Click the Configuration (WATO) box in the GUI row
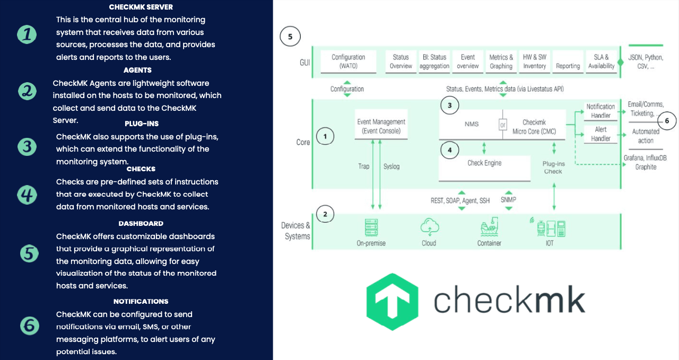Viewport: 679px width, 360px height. coord(348,62)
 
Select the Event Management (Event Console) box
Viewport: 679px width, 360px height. coord(381,126)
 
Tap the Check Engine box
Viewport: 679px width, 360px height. coord(484,163)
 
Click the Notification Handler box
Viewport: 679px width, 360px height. coord(600,111)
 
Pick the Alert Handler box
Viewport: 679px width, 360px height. coord(600,134)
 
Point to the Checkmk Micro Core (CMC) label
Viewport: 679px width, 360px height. coord(534,127)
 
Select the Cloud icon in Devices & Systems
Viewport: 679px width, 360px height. coord(429,227)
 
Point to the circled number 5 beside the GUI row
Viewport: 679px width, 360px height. coord(290,37)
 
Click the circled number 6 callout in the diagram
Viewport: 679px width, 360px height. coord(667,121)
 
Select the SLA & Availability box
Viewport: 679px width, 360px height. coord(601,62)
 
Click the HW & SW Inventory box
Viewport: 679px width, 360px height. coord(534,62)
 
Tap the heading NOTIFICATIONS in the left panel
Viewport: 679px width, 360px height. coord(141,301)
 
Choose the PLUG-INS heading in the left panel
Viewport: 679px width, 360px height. coord(141,124)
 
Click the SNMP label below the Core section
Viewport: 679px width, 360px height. coord(508,200)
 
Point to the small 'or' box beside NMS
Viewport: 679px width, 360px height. coord(502,125)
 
